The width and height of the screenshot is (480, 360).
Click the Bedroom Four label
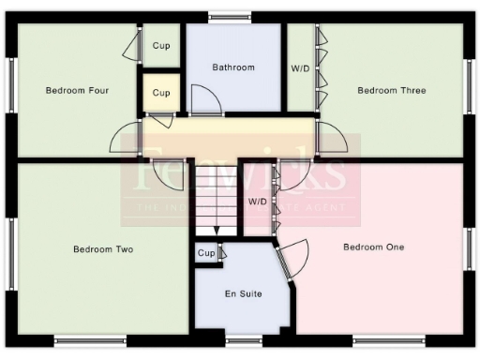tap(78, 91)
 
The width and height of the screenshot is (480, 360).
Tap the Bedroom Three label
tap(392, 91)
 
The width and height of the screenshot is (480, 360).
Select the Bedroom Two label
tap(103, 249)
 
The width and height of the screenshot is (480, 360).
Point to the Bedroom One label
tap(373, 247)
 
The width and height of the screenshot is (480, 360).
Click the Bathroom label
tap(233, 67)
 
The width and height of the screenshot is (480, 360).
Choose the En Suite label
tap(243, 294)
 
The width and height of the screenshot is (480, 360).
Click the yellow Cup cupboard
tap(161, 94)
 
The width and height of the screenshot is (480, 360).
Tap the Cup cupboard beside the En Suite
tap(206, 253)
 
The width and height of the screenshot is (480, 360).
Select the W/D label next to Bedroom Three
tap(300, 68)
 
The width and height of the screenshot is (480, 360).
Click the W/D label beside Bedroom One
tap(257, 202)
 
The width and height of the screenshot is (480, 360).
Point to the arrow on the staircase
tap(217, 229)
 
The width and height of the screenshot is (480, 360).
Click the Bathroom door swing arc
tap(204, 100)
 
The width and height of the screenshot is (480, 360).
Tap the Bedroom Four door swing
tap(130, 141)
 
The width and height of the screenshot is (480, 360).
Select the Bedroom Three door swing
tap(331, 137)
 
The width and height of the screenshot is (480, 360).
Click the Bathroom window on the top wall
tap(230, 15)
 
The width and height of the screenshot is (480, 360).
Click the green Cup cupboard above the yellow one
tap(161, 45)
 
